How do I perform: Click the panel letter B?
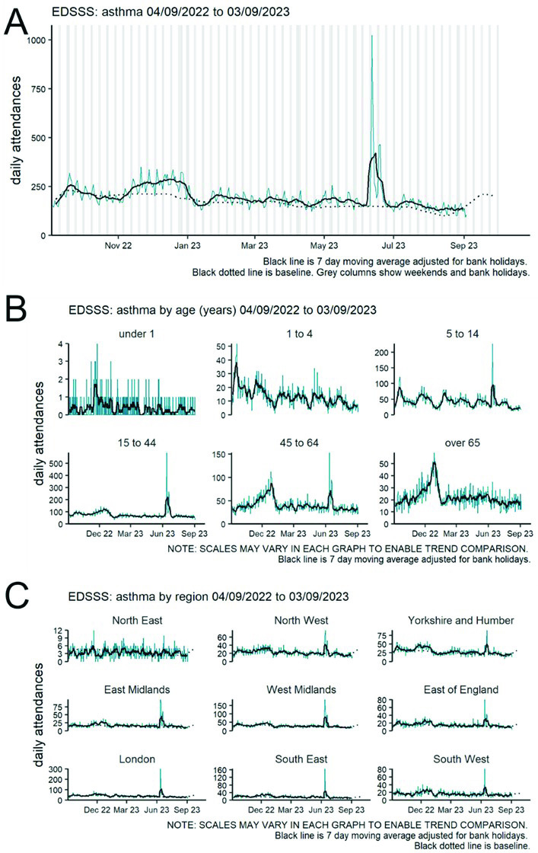pos(18,309)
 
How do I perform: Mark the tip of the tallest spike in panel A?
pos(371,36)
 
